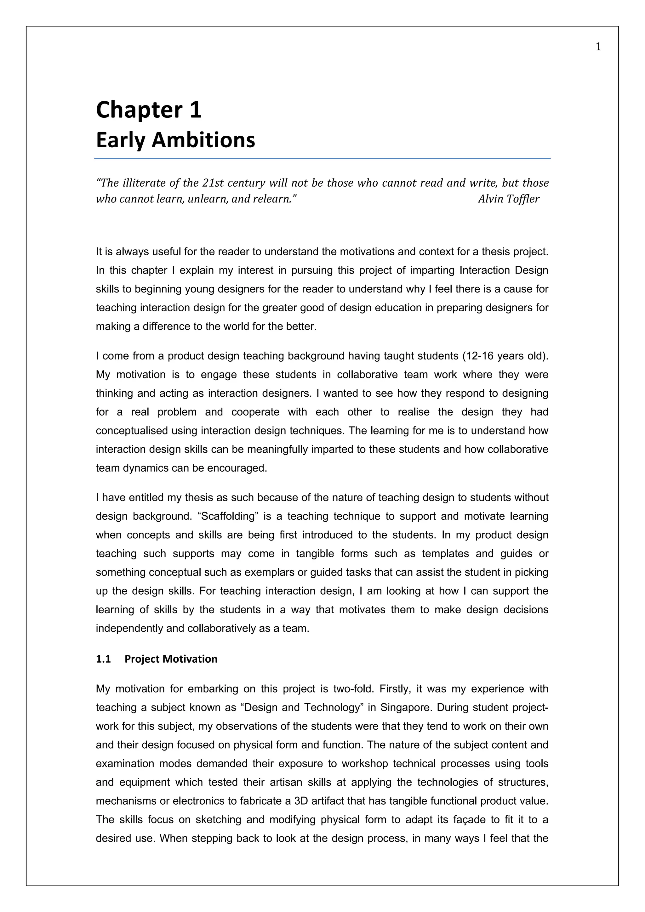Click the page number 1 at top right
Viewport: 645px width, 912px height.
[x=598, y=47]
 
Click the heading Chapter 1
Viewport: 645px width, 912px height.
[x=149, y=110]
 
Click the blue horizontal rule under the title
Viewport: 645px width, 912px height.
[x=322, y=158]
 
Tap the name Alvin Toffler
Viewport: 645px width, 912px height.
[x=508, y=199]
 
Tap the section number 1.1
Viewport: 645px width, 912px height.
[x=103, y=659]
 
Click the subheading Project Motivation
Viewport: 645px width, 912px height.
[x=171, y=659]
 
